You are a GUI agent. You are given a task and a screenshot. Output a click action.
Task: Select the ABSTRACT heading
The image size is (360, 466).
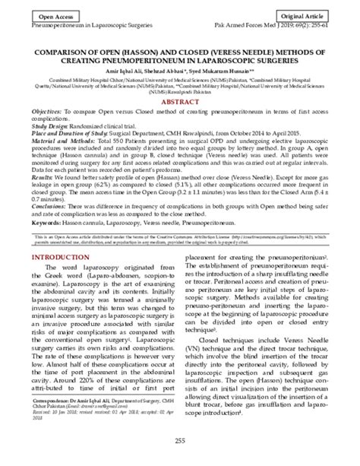[x=180, y=100]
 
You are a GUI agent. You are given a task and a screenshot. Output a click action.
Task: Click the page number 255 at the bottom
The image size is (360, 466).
[x=180, y=442]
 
